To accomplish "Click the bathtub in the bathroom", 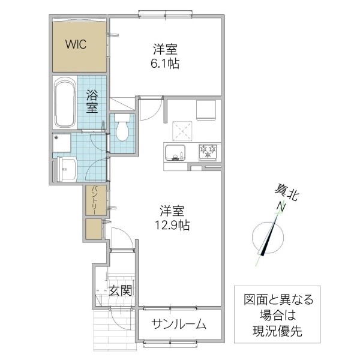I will click(65, 104).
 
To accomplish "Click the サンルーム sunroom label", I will click(179, 325).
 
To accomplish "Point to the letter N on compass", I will click(280, 208).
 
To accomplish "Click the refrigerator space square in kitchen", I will click(207, 110).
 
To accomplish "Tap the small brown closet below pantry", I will click(94, 230).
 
